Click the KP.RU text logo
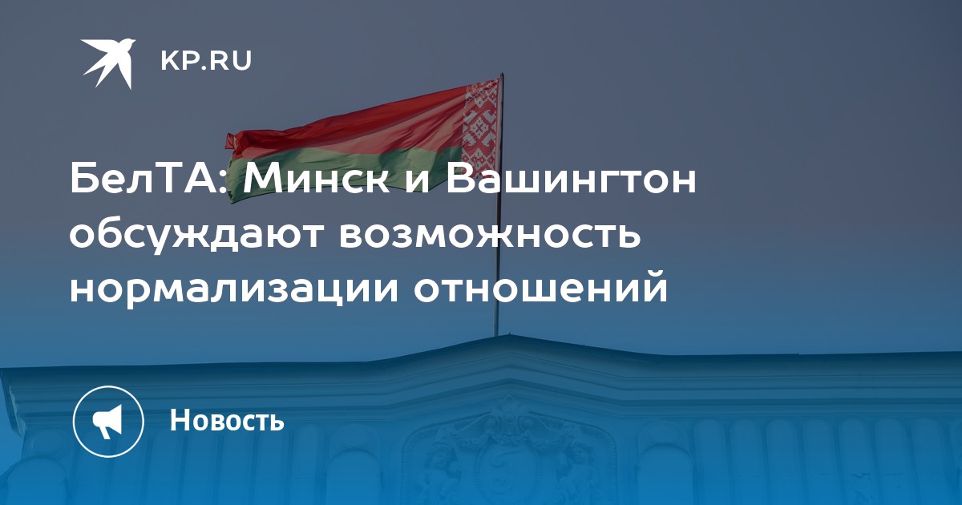point(206,61)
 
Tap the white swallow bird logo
point(109,63)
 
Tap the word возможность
point(490,236)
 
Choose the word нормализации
point(234,290)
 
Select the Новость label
point(227,419)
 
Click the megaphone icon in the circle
point(108,422)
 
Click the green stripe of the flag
point(344,170)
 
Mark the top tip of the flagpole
point(502,74)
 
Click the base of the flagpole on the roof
point(496,335)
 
